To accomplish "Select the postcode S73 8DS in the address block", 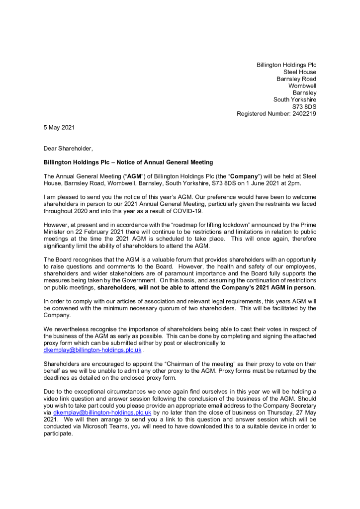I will (304, 107).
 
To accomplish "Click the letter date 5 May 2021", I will (59, 128).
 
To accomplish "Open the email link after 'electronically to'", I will (92, 349).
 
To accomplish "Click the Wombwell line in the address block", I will (302, 86).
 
